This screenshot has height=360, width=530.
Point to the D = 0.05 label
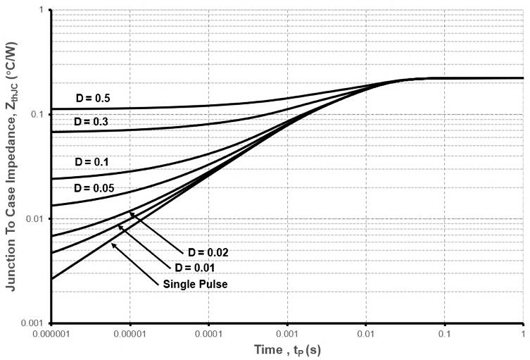[x=94, y=188]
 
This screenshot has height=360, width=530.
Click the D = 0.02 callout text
[x=208, y=252]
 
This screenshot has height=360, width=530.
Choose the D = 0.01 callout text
[x=191, y=268]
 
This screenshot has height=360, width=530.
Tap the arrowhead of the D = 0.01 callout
[x=120, y=227]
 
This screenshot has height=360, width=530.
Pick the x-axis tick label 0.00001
[x=130, y=333]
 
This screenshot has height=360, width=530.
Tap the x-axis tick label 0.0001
[x=209, y=333]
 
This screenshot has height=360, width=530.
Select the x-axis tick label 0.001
[x=287, y=333]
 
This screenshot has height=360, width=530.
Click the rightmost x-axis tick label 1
[x=522, y=333]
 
